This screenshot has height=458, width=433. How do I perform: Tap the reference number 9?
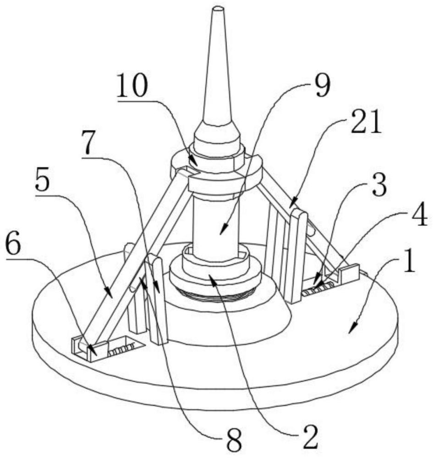tap(321, 85)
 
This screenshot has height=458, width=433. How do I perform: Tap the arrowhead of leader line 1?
tap(351, 330)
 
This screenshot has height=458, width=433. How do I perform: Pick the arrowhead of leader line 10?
tap(195, 164)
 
